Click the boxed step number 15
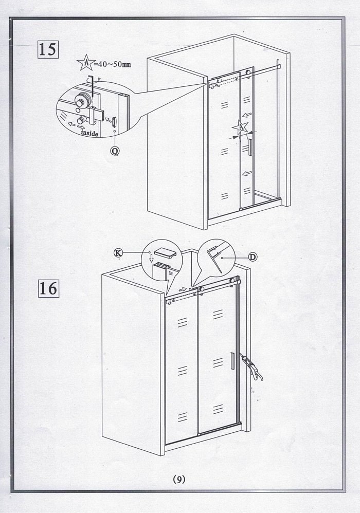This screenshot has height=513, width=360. click(48, 50)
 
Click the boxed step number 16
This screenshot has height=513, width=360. click(48, 288)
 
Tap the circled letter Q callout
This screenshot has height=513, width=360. click(115, 151)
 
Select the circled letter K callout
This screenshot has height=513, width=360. click(118, 252)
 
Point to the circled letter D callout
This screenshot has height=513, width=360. click(253, 257)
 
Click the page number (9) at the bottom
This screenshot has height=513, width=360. click(179, 479)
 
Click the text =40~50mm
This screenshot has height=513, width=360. click(112, 64)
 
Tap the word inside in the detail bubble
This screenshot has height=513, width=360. click(89, 133)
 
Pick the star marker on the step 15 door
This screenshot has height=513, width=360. click(241, 127)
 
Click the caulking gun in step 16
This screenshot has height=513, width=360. click(251, 368)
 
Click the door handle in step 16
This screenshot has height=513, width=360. click(232, 361)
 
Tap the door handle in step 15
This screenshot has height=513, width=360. click(250, 147)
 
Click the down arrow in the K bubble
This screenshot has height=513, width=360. click(151, 258)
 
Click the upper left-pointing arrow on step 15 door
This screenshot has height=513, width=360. click(247, 115)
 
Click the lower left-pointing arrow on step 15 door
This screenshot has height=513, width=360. click(247, 173)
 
